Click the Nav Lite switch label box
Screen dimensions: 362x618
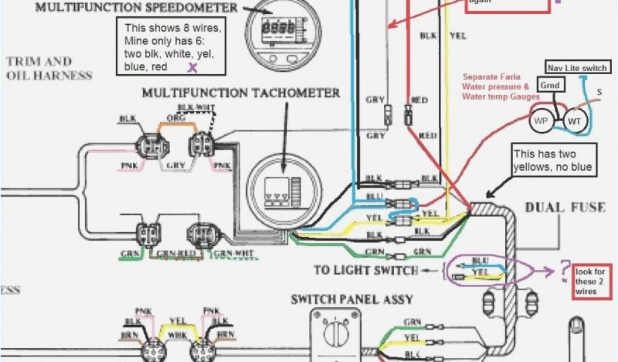(x=576, y=68)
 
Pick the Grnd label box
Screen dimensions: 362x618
(x=549, y=86)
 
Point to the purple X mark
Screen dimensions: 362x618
(x=193, y=67)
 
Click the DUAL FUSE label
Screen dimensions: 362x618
(x=565, y=208)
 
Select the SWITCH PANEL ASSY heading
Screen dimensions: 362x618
(x=352, y=299)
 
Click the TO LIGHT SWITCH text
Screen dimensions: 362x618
(x=366, y=270)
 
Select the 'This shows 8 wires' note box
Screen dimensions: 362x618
(x=172, y=46)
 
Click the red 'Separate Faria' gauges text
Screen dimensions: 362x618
(x=501, y=86)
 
